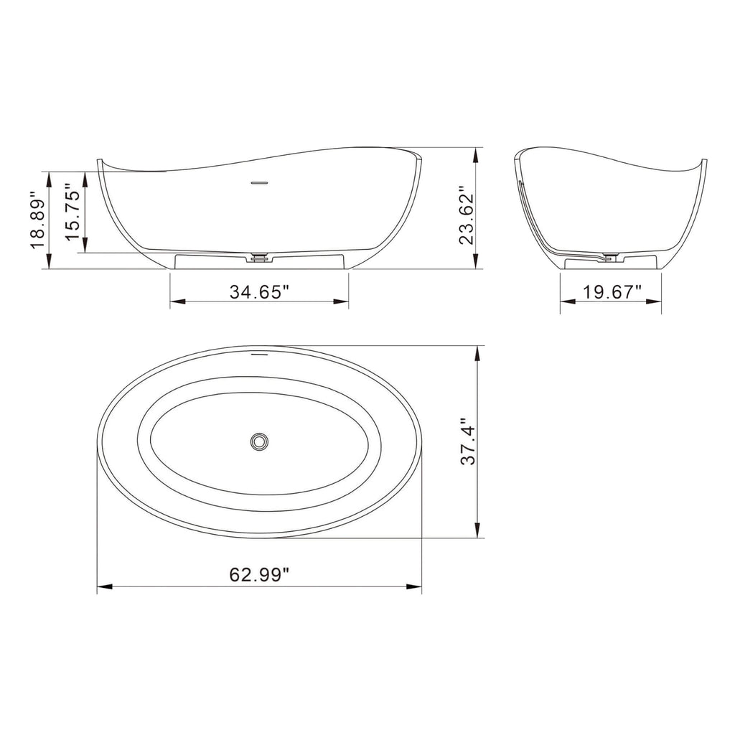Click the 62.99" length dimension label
click(x=259, y=574)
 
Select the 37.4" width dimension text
click(x=467, y=442)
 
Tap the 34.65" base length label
click(x=259, y=291)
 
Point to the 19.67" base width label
click(x=612, y=291)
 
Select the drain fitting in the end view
click(x=611, y=255)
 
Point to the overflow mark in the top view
click(x=259, y=354)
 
